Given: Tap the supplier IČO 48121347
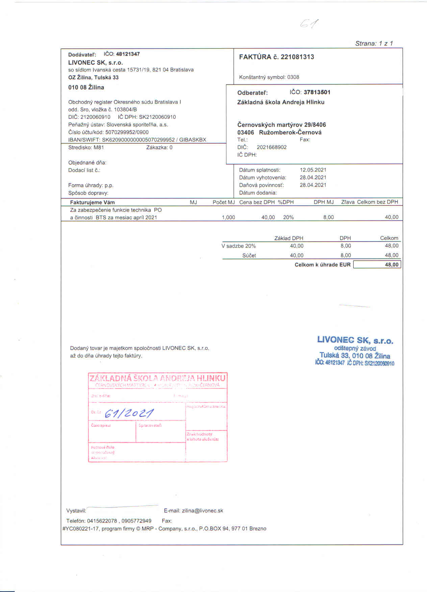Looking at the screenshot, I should coord(128,54).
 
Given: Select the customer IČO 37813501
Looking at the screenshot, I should coord(317,92).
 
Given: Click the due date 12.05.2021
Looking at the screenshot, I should coord(313,170).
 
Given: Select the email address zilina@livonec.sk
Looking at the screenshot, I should coord(202,511).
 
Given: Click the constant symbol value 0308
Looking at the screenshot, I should coord(293,77).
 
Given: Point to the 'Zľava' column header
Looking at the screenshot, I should coord(348,202).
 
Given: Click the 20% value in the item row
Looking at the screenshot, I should coord(288,217).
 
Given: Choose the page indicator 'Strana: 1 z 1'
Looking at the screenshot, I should coord(374,43).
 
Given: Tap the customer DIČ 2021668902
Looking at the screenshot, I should coord(272,147).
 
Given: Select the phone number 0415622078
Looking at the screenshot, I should coord(102,521).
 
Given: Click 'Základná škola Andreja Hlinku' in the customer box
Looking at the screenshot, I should coord(281,102).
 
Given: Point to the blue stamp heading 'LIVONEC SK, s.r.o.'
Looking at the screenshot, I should coord(355,340).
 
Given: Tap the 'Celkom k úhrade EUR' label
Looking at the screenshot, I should coord(322,265).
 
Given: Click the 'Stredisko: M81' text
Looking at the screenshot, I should coord(86,147).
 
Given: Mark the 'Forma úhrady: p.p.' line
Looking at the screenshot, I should coord(91,185).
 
